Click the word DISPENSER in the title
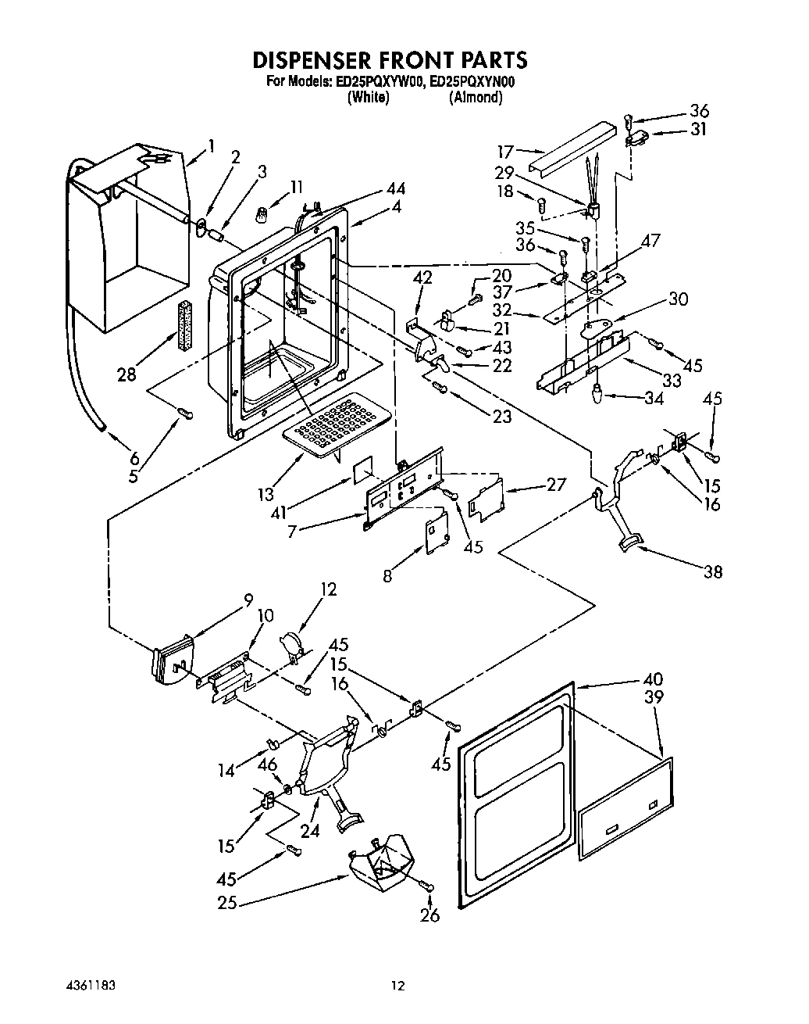pos(315,60)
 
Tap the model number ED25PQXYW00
pos(380,82)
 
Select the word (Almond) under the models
pos(475,98)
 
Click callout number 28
pos(127,374)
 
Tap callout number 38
pos(712,572)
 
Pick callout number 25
pos(226,904)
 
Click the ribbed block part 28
pos(185,325)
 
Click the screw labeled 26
pos(429,885)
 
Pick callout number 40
pos(653,678)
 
